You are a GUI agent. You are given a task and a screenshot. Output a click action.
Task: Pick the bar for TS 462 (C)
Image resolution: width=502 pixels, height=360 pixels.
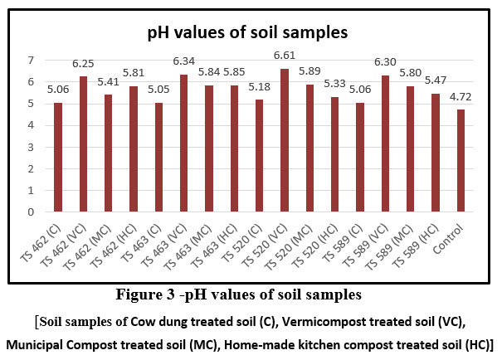(57, 157)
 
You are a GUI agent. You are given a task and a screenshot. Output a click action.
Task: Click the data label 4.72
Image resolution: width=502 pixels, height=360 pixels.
(461, 99)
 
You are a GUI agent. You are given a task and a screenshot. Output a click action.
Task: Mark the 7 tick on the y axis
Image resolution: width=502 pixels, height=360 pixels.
(32, 61)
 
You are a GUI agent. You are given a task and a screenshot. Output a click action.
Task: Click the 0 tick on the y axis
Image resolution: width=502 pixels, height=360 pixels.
(32, 212)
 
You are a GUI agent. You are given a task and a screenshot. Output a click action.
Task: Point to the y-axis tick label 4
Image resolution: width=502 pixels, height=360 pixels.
(32, 125)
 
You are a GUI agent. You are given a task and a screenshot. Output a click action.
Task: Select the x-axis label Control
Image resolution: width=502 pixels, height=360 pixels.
(451, 231)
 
